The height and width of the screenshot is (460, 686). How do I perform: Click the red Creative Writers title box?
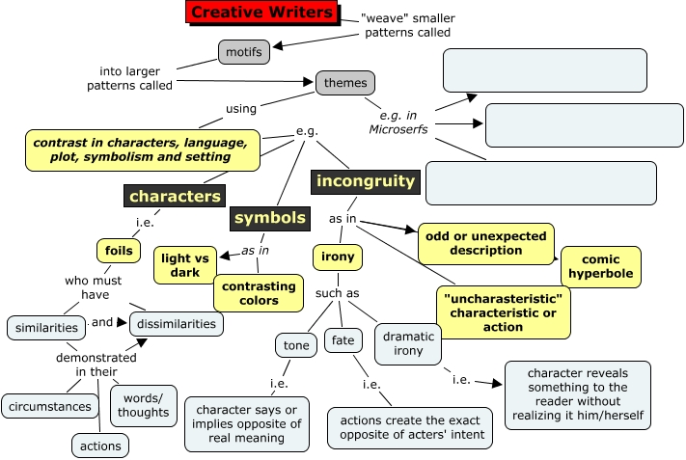click(x=261, y=13)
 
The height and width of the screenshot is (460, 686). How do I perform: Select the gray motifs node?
click(x=243, y=52)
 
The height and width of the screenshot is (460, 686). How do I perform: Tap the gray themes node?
click(x=345, y=83)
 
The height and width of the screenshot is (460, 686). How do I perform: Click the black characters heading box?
click(x=175, y=197)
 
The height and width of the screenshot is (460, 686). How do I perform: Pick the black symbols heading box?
click(x=270, y=218)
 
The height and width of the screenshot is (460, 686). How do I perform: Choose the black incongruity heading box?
click(x=365, y=180)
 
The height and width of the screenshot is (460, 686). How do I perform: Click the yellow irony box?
click(x=337, y=257)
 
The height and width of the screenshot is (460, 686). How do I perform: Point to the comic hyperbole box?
click(x=606, y=266)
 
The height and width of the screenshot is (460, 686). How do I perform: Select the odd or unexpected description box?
click(x=485, y=243)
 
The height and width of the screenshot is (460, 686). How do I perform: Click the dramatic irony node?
click(x=408, y=344)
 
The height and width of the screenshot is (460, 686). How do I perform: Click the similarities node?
click(x=45, y=327)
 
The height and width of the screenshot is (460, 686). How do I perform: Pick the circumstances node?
click(x=50, y=406)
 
